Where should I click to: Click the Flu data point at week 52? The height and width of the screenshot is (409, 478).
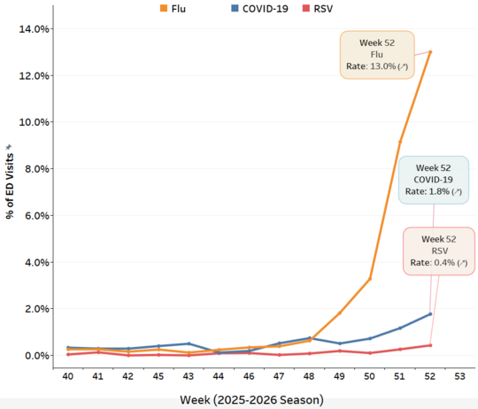point(430,51)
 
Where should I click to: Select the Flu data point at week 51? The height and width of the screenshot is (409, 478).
point(400,142)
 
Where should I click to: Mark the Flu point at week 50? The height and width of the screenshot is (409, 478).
point(370,279)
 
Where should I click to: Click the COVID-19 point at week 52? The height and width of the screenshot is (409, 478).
point(430,314)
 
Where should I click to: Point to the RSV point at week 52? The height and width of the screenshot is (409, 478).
point(430,345)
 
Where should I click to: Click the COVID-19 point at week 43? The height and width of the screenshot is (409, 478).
point(189,343)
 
